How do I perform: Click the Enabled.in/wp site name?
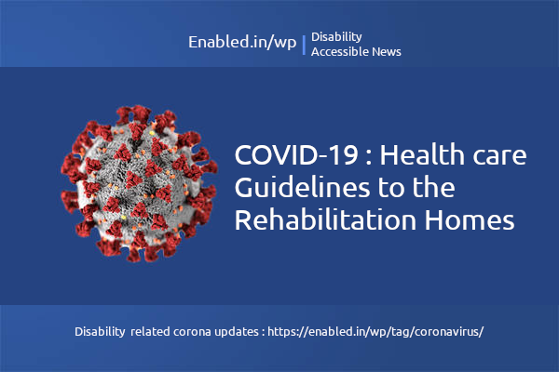point(241,44)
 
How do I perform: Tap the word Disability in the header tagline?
point(336,36)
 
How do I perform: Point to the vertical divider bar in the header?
point(304,45)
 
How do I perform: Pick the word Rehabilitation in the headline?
point(324,221)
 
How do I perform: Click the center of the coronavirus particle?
point(139,181)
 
